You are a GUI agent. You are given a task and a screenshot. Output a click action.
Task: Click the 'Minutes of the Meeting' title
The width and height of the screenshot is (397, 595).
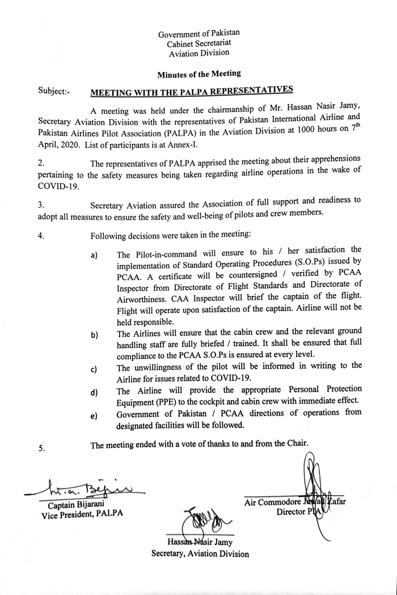tap(198, 73)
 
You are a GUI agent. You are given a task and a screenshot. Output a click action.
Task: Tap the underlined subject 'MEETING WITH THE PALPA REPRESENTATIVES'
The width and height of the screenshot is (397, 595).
tap(192, 90)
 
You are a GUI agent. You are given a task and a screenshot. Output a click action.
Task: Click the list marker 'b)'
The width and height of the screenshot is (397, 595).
tap(95, 335)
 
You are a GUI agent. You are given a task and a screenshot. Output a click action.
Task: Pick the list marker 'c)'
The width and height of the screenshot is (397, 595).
tap(95, 371)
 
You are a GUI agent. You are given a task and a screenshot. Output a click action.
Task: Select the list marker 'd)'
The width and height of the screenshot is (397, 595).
tap(95, 393)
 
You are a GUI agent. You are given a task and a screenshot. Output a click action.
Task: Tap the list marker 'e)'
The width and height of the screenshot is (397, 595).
tap(95, 417)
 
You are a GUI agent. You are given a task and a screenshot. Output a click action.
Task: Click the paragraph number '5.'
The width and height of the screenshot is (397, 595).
tap(42, 448)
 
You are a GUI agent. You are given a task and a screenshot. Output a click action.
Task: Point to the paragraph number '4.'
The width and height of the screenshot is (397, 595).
tap(41, 235)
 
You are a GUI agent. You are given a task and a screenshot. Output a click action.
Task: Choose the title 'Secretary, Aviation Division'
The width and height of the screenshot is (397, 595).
tap(200, 554)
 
